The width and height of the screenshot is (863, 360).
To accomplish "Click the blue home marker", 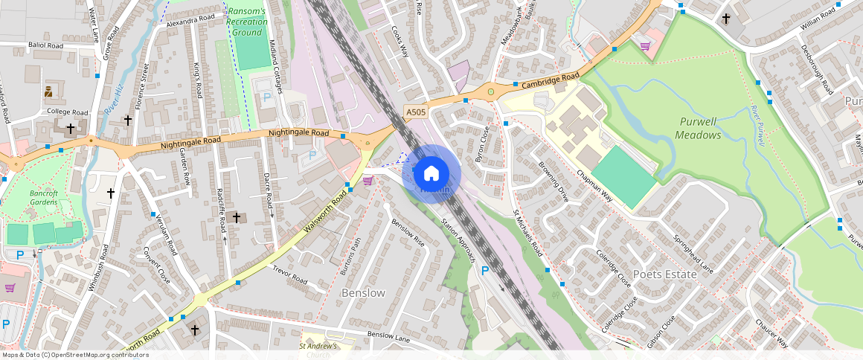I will point(431,174).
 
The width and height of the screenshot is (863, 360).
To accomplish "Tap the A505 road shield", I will point(416,112).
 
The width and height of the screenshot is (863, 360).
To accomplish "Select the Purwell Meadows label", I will point(698,128).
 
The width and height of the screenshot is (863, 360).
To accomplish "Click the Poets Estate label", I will point(664,274).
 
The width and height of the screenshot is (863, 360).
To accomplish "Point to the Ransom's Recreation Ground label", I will point(248,22).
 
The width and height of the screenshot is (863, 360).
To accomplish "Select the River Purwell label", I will point(758,126).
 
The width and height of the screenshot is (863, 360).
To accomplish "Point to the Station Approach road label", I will point(458,241).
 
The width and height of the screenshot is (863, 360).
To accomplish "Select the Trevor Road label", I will point(290,274).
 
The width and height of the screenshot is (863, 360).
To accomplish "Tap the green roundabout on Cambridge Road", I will point(491,92).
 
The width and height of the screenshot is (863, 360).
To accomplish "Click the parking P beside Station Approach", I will point(485,271).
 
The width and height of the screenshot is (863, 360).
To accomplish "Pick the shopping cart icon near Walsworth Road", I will point(367,180).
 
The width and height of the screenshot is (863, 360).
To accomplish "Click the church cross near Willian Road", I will point(725,18).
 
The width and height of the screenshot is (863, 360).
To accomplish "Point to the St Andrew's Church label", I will point(319,350).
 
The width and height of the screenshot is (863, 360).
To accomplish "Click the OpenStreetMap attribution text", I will point(74,355).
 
